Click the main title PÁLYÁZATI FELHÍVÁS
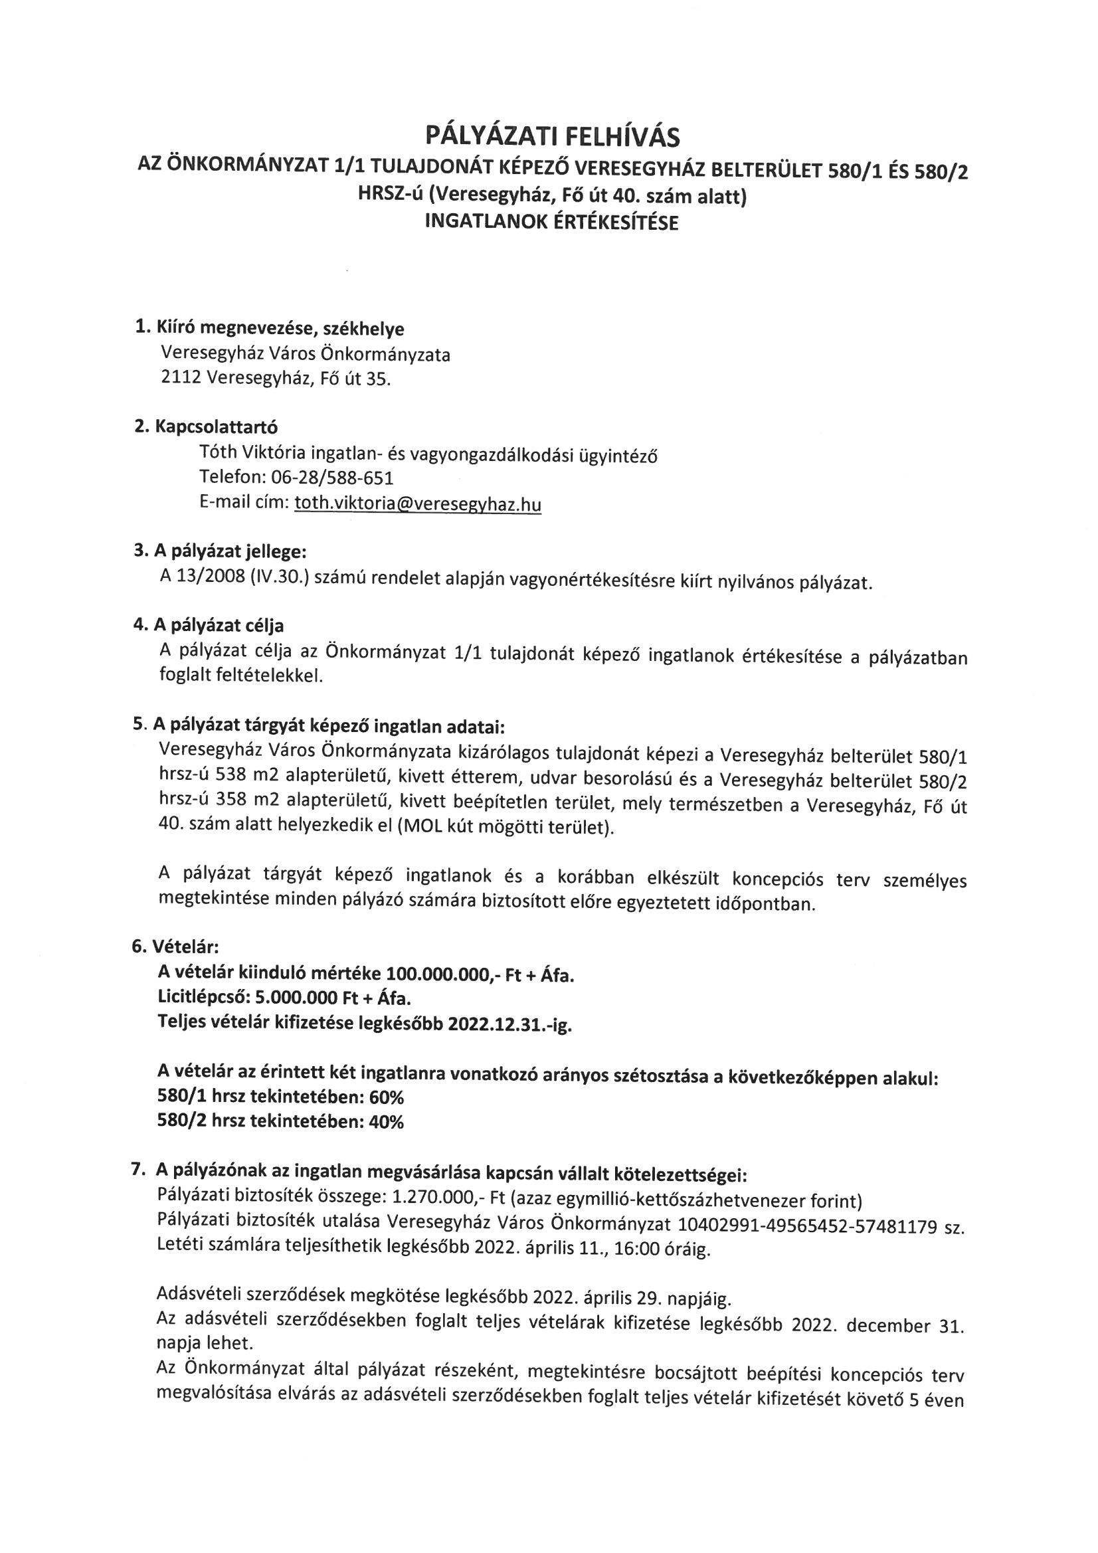[x=552, y=137]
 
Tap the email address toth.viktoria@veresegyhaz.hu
[x=417, y=504]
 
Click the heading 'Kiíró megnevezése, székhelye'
[x=280, y=329]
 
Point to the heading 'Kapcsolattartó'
[x=216, y=427]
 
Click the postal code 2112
[x=181, y=379]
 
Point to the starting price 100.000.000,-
[x=437, y=974]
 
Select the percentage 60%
[x=387, y=1097]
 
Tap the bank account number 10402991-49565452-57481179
[x=805, y=1226]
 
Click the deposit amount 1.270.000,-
[x=432, y=1200]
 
